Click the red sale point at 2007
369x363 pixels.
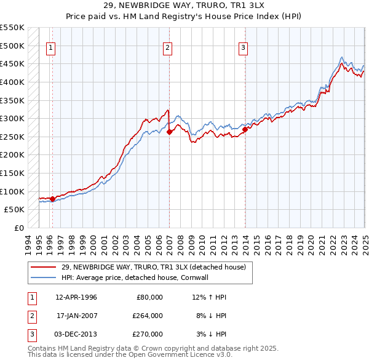point(169,132)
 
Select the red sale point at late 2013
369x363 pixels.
point(245,129)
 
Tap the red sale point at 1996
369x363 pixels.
point(52,199)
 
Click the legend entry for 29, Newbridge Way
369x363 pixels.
point(153,267)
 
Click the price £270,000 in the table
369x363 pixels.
point(148,334)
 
